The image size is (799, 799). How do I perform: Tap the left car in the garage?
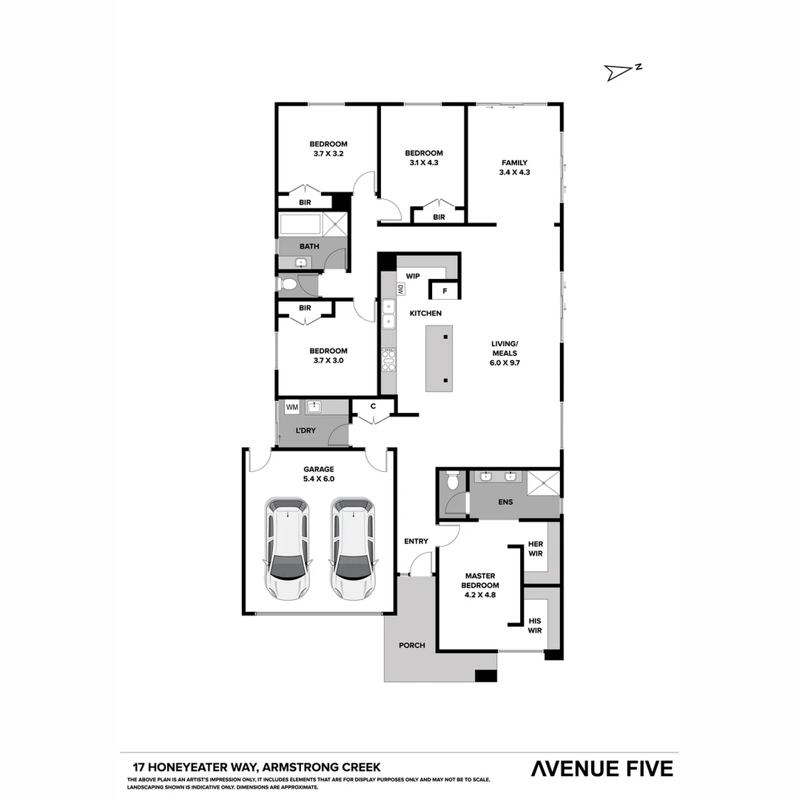(x=288, y=548)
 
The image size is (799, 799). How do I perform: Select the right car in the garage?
(x=353, y=548)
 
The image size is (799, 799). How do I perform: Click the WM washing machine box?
(x=291, y=407)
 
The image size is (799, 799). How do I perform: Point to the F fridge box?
(x=445, y=291)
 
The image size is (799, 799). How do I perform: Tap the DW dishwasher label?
(x=400, y=290)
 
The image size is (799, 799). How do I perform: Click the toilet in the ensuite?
(x=453, y=482)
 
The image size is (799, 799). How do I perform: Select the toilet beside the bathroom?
(x=289, y=284)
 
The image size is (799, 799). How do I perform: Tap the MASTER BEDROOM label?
(x=479, y=580)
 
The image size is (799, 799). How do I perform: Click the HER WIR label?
(x=535, y=548)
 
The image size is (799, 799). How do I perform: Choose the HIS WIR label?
(x=535, y=626)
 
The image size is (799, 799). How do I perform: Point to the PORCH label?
(x=412, y=645)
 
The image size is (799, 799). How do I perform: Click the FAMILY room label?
(x=514, y=167)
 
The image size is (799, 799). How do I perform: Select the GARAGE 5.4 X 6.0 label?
(x=319, y=473)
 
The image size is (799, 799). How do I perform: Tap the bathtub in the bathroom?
(x=300, y=223)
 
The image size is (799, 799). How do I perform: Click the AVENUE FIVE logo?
(x=602, y=769)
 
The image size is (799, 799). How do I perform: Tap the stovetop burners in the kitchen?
(x=388, y=359)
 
